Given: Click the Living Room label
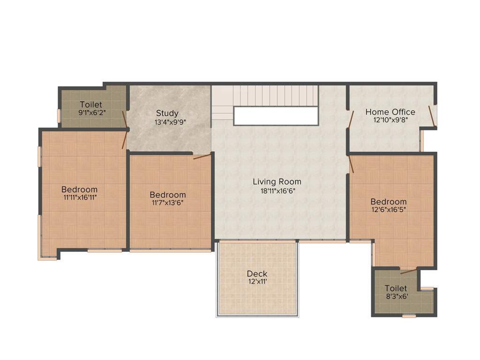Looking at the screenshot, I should coord(277,182).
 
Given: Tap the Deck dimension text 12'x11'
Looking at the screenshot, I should coord(257,282).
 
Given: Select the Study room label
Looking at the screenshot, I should coord(167,113).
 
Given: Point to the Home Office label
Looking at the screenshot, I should coord(390,112).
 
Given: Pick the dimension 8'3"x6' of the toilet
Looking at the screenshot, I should coord(396,297).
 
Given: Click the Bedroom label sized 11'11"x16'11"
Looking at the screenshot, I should coord(80,189).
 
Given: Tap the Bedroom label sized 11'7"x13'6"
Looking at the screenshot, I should coord(168,195).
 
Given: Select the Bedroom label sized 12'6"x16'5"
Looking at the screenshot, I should coord(389,202).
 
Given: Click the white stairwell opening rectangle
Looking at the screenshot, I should coord(276,116).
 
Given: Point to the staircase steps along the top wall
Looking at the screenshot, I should coord(277,95).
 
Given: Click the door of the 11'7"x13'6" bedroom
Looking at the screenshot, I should coord(202,157).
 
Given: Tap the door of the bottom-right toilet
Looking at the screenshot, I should coord(408,271).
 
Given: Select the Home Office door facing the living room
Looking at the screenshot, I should coord(350,119).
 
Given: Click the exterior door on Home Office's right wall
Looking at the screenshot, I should coord(432,116).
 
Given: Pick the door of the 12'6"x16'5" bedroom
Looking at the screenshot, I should coord(351,165).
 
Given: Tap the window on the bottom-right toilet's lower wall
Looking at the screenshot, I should coord(409,316).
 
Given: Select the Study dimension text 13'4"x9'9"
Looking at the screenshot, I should coord(167,122).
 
